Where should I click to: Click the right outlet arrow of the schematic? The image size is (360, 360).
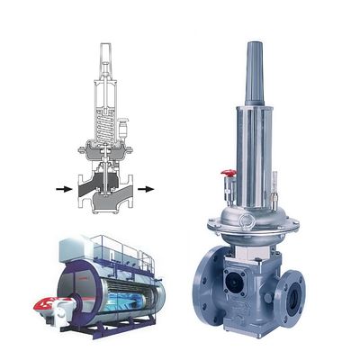[x=144, y=190]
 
